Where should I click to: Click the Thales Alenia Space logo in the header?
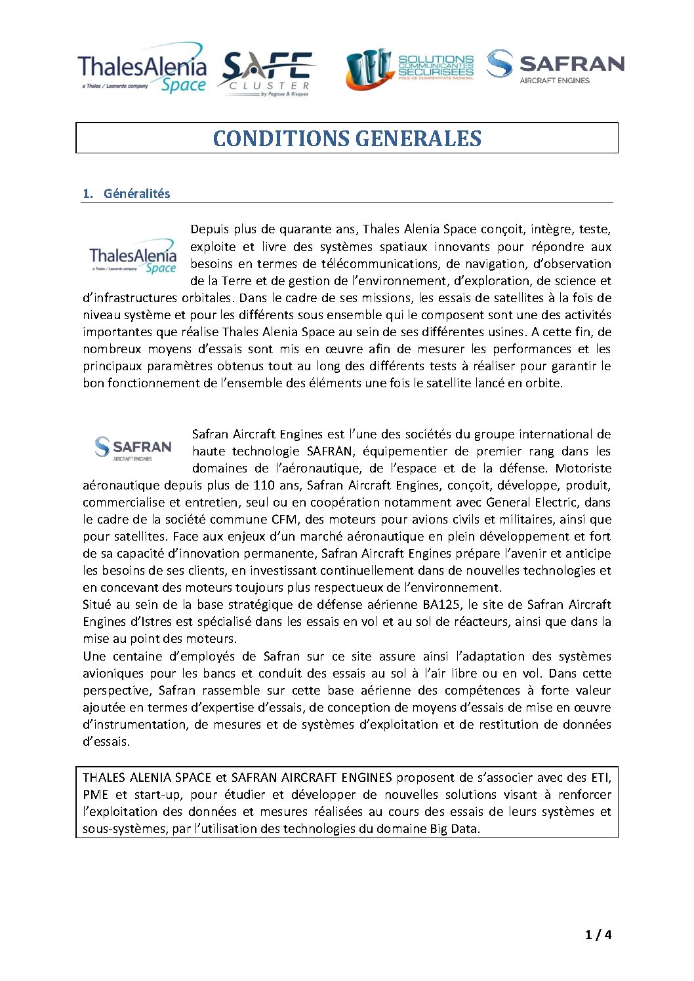pos(142,69)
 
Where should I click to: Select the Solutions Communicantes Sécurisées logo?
pos(410,69)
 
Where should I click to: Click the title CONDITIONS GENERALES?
pos(347,138)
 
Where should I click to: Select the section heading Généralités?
pos(136,193)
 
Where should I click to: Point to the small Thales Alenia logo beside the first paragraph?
pos(133,256)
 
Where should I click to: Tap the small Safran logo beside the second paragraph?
pos(133,448)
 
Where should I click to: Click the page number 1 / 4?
pos(598,934)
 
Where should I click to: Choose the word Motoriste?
pos(582,469)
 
